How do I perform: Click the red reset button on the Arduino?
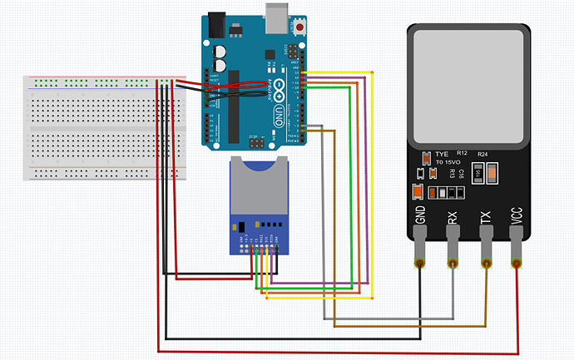pyautogui.click(x=299, y=27)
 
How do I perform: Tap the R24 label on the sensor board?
pyautogui.click(x=482, y=155)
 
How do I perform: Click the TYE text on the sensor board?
pyautogui.click(x=442, y=155)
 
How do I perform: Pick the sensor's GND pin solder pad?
pyautogui.click(x=420, y=264)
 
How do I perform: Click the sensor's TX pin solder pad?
pyautogui.click(x=486, y=264)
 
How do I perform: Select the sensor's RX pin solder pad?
pyautogui.click(x=453, y=264)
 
